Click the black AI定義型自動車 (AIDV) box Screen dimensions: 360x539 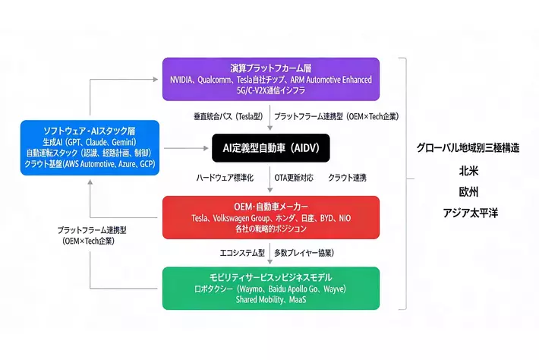pyautogui.click(x=271, y=147)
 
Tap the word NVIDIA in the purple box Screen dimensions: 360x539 pyautogui.click(x=187, y=79)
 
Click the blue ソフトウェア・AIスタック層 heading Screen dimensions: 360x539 pyautogui.click(x=90, y=130)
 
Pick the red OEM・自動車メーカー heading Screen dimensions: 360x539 pyautogui.click(x=271, y=207)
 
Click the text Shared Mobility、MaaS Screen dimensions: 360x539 pyautogui.click(x=271, y=300)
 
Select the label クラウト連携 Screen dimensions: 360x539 pyautogui.click(x=348, y=177)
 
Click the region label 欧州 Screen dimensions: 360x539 pyautogui.click(x=468, y=191)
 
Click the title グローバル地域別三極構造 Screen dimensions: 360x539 pyautogui.click(x=468, y=148)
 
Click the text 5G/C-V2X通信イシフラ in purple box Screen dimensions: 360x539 pyautogui.click(x=271, y=90)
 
